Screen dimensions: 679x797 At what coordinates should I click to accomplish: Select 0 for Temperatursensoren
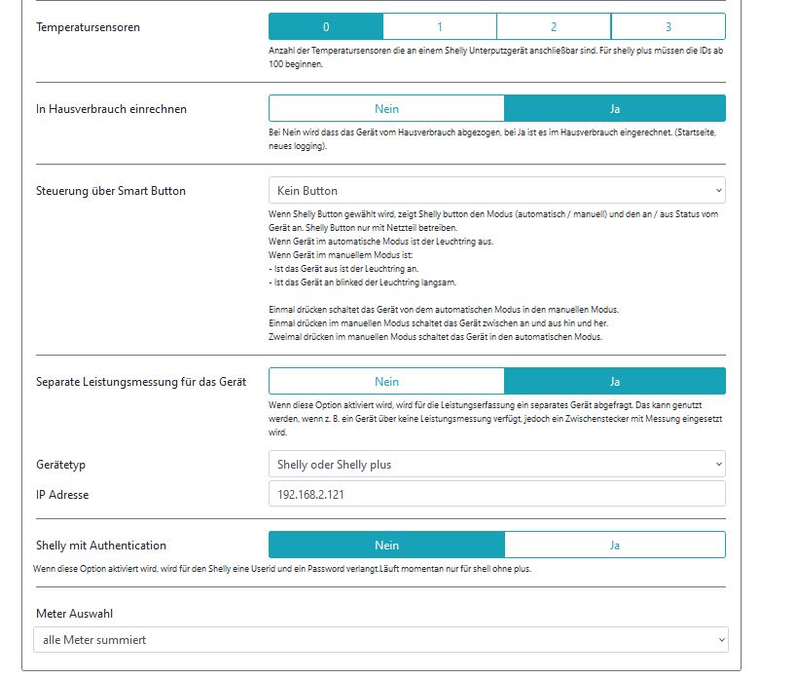[x=326, y=26]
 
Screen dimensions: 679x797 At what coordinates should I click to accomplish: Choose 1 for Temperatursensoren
[x=440, y=26]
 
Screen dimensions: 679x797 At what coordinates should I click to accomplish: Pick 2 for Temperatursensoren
[x=554, y=26]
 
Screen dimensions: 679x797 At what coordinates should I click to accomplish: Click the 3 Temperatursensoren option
[x=669, y=26]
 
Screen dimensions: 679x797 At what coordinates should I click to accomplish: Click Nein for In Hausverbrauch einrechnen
[x=386, y=108]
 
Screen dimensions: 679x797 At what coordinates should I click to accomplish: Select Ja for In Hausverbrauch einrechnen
[x=615, y=108]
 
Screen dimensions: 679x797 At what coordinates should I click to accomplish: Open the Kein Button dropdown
[x=496, y=190]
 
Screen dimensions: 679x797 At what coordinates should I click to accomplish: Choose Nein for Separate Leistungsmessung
[x=386, y=381]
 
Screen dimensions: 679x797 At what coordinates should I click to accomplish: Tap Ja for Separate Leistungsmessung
[x=615, y=381]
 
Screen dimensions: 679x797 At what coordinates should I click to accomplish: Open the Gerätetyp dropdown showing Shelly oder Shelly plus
[x=496, y=465]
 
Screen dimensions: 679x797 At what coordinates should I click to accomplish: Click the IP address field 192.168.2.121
[x=496, y=494]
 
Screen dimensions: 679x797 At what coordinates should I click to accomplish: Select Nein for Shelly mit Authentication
[x=386, y=545]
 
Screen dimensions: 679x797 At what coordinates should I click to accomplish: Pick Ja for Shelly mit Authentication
[x=615, y=545]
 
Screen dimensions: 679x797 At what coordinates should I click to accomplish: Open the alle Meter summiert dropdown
[x=380, y=640]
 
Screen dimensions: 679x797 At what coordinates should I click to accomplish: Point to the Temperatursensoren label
[x=88, y=27]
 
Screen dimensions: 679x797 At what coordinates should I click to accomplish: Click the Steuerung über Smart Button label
[x=110, y=191]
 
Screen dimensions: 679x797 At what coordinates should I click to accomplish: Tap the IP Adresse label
[x=62, y=495]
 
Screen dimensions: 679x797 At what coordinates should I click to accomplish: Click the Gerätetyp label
[x=61, y=465]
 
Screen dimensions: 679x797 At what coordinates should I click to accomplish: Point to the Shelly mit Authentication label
[x=101, y=546]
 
